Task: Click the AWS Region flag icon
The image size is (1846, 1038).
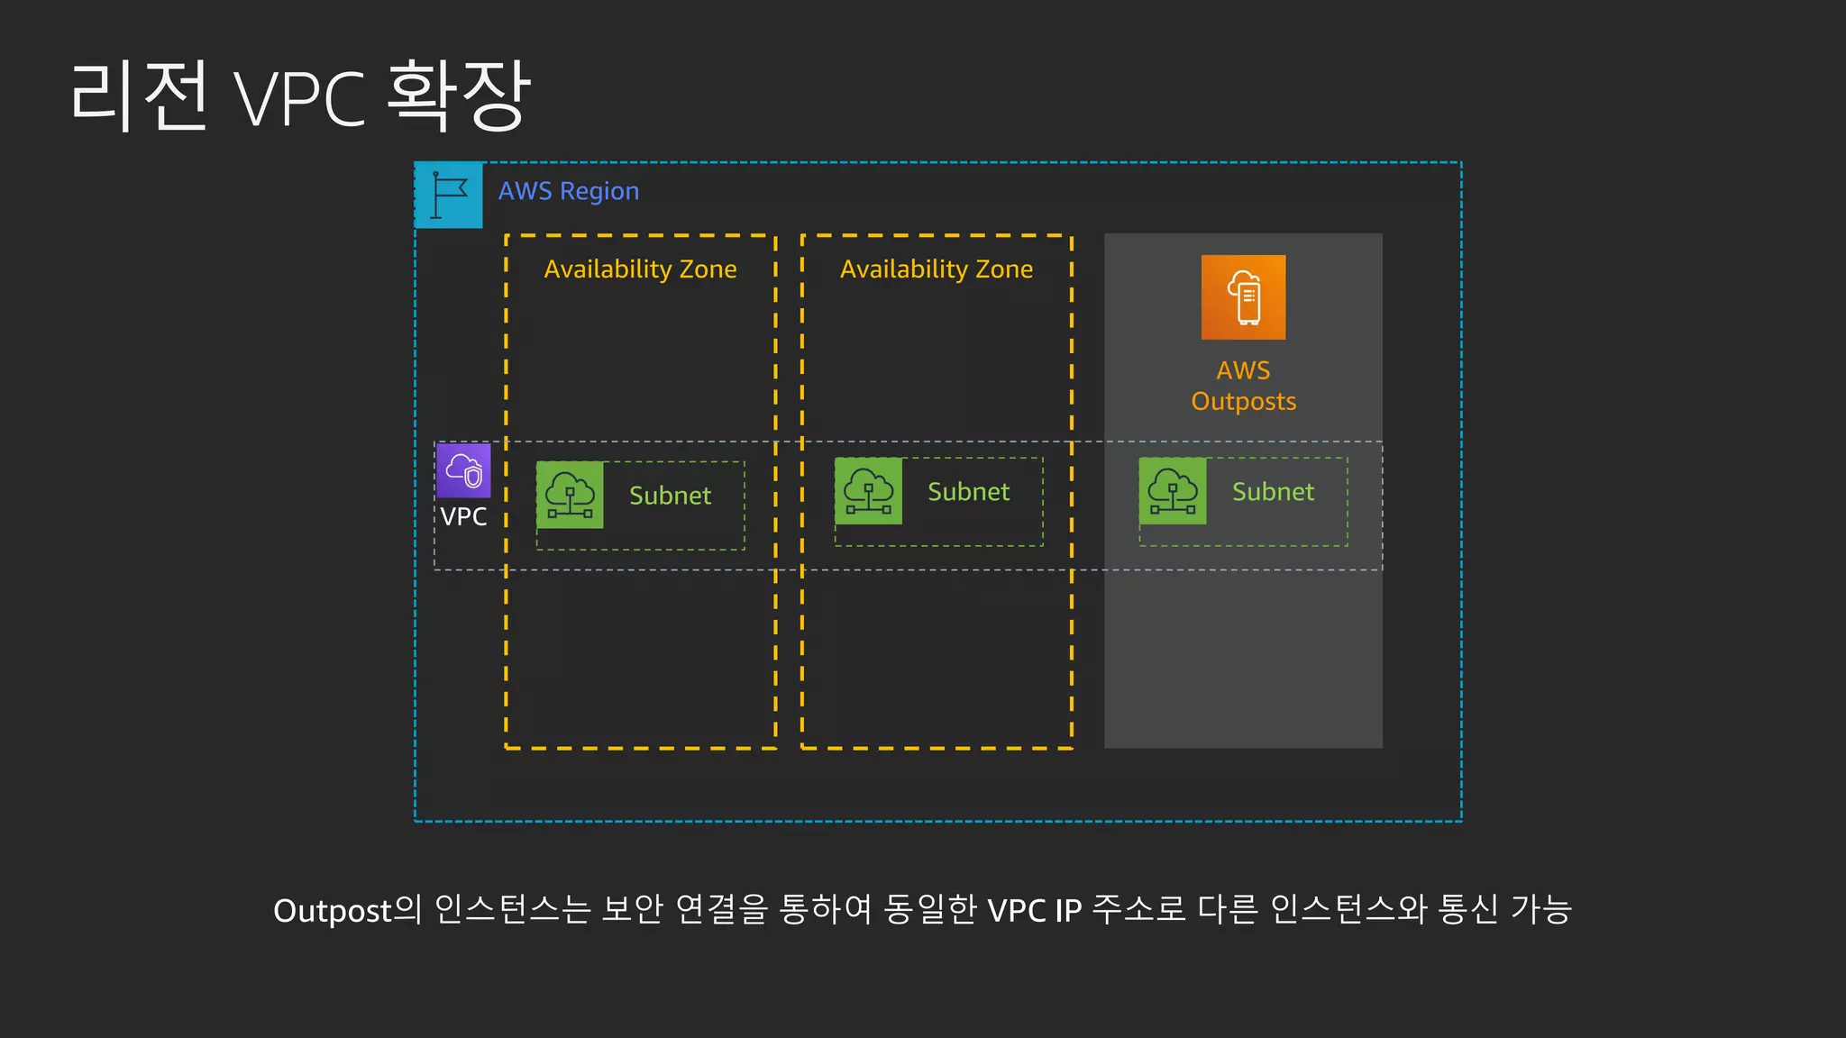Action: point(449,195)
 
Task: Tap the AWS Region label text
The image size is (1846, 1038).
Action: point(569,191)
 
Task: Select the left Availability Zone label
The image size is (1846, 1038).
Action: point(640,269)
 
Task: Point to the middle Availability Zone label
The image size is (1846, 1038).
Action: point(937,269)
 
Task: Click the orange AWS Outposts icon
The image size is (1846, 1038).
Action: point(1243,297)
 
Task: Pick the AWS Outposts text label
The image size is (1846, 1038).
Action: point(1243,386)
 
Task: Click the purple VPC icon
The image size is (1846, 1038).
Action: point(463,470)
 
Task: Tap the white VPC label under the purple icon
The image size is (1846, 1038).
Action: point(463,517)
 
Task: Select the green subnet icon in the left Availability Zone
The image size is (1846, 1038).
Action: point(570,495)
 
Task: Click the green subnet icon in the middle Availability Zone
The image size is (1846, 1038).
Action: point(868,491)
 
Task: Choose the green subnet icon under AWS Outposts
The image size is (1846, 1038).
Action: point(1173,491)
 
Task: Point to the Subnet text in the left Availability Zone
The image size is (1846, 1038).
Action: point(670,496)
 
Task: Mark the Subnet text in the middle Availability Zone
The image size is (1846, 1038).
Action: point(968,492)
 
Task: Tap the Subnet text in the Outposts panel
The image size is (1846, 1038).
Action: point(1273,492)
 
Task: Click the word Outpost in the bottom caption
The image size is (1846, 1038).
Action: point(333,911)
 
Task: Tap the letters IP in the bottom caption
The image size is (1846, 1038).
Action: point(1068,911)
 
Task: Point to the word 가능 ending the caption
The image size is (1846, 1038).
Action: point(1541,909)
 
